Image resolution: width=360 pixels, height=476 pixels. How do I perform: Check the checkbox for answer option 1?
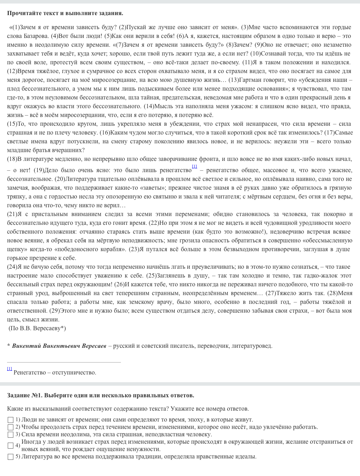click(x=11, y=420)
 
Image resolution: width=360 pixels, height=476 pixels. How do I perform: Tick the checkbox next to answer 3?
click(x=11, y=435)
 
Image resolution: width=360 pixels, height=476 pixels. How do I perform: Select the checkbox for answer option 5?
click(x=11, y=457)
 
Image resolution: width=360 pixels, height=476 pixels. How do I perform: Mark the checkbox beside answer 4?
click(x=11, y=445)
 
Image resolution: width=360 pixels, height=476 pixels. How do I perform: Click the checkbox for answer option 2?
click(x=11, y=427)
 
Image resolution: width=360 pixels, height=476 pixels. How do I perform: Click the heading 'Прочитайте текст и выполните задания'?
click(x=65, y=13)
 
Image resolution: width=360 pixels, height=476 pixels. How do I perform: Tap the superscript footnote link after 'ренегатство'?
click(x=194, y=166)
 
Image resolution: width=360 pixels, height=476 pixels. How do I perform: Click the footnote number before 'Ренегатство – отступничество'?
click(x=9, y=369)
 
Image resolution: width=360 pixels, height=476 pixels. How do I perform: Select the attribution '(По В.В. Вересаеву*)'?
click(x=37, y=328)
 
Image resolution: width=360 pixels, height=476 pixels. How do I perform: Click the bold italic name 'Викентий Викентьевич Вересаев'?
click(x=59, y=346)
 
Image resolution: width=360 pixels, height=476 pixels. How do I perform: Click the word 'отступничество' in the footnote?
click(x=74, y=372)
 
